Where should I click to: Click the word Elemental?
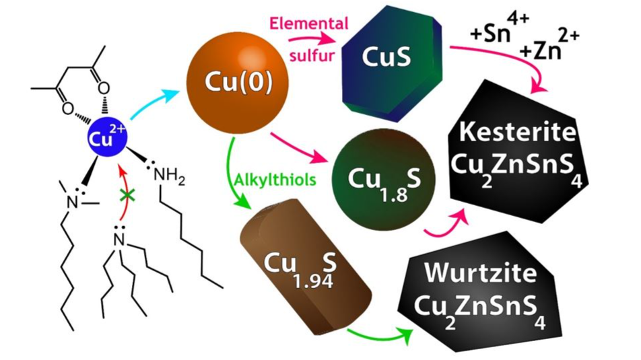tap(309, 24)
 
